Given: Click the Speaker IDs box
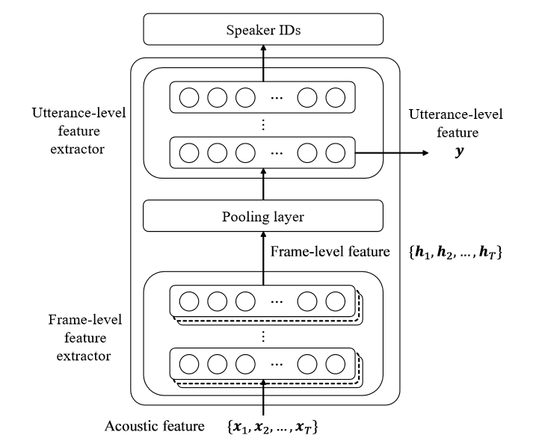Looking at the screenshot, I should coord(263,31).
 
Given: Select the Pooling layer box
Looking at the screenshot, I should coord(263,217).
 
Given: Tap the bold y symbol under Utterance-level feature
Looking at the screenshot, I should coord(455,152).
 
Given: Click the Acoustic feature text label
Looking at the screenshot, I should coord(154,427).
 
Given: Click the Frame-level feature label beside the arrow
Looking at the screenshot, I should coord(330,253).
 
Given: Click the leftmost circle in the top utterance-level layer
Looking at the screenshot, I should coord(189,97).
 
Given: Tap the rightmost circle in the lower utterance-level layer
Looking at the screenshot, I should coord(336,152).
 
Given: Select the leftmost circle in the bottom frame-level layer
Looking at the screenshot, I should coord(189,365).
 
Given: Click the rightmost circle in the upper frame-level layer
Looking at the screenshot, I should coord(336,303).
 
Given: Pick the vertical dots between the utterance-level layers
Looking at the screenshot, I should coord(263,125).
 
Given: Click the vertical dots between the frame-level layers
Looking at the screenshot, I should coord(263,336).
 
